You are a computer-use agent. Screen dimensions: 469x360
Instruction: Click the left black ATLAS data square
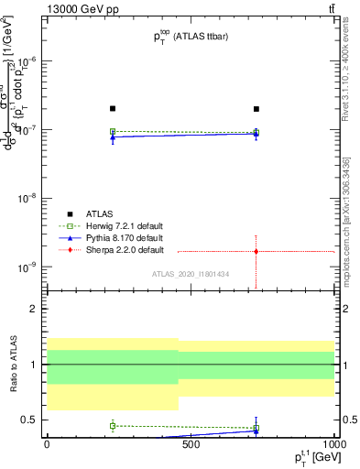(x=113, y=108)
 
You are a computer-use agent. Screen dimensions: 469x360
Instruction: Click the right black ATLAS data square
(x=256, y=108)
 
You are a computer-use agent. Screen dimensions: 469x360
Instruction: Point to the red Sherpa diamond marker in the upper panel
(x=256, y=251)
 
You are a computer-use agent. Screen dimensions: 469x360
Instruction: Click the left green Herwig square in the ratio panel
(x=113, y=425)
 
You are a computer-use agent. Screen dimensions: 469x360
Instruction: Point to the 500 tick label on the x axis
(x=191, y=444)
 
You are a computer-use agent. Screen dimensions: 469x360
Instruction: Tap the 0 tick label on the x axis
(x=47, y=444)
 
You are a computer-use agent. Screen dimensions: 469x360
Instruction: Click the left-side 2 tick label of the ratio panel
(x=36, y=310)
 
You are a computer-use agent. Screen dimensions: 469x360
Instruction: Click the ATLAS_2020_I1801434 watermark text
(x=190, y=275)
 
